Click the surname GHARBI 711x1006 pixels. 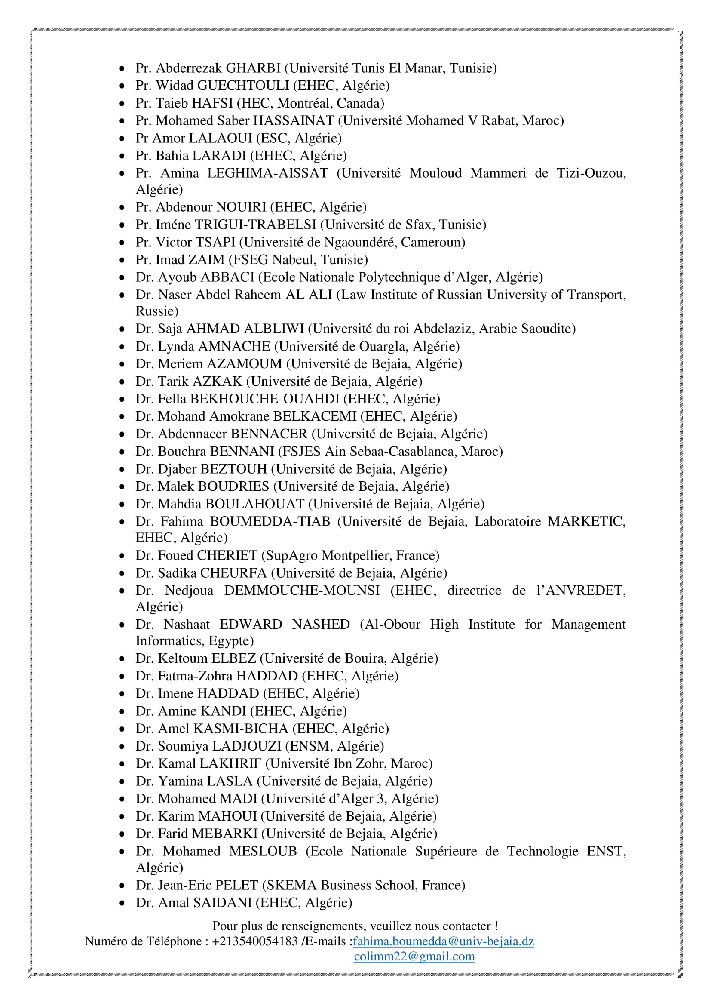click(x=253, y=68)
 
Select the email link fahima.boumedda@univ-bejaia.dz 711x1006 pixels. click(x=443, y=941)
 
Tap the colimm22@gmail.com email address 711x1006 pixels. click(x=414, y=957)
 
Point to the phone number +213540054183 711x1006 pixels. click(x=255, y=941)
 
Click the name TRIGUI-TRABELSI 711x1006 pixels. click(x=255, y=225)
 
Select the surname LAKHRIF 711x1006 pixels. click(x=230, y=764)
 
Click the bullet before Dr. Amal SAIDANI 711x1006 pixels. click(x=122, y=903)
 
